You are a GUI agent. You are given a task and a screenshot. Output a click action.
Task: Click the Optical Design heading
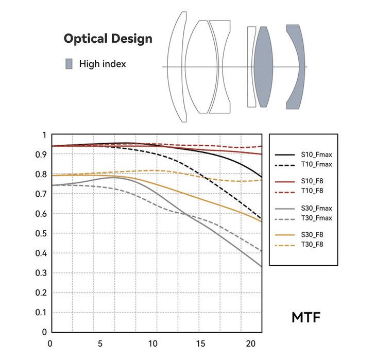108,39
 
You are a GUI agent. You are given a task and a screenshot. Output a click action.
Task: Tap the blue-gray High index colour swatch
69,64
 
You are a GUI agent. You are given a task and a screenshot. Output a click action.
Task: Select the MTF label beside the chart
306,317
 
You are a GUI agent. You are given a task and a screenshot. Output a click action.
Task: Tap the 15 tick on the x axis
201,343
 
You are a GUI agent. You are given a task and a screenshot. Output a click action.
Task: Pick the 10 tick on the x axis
152,343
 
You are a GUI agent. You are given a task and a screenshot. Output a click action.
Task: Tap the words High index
102,64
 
